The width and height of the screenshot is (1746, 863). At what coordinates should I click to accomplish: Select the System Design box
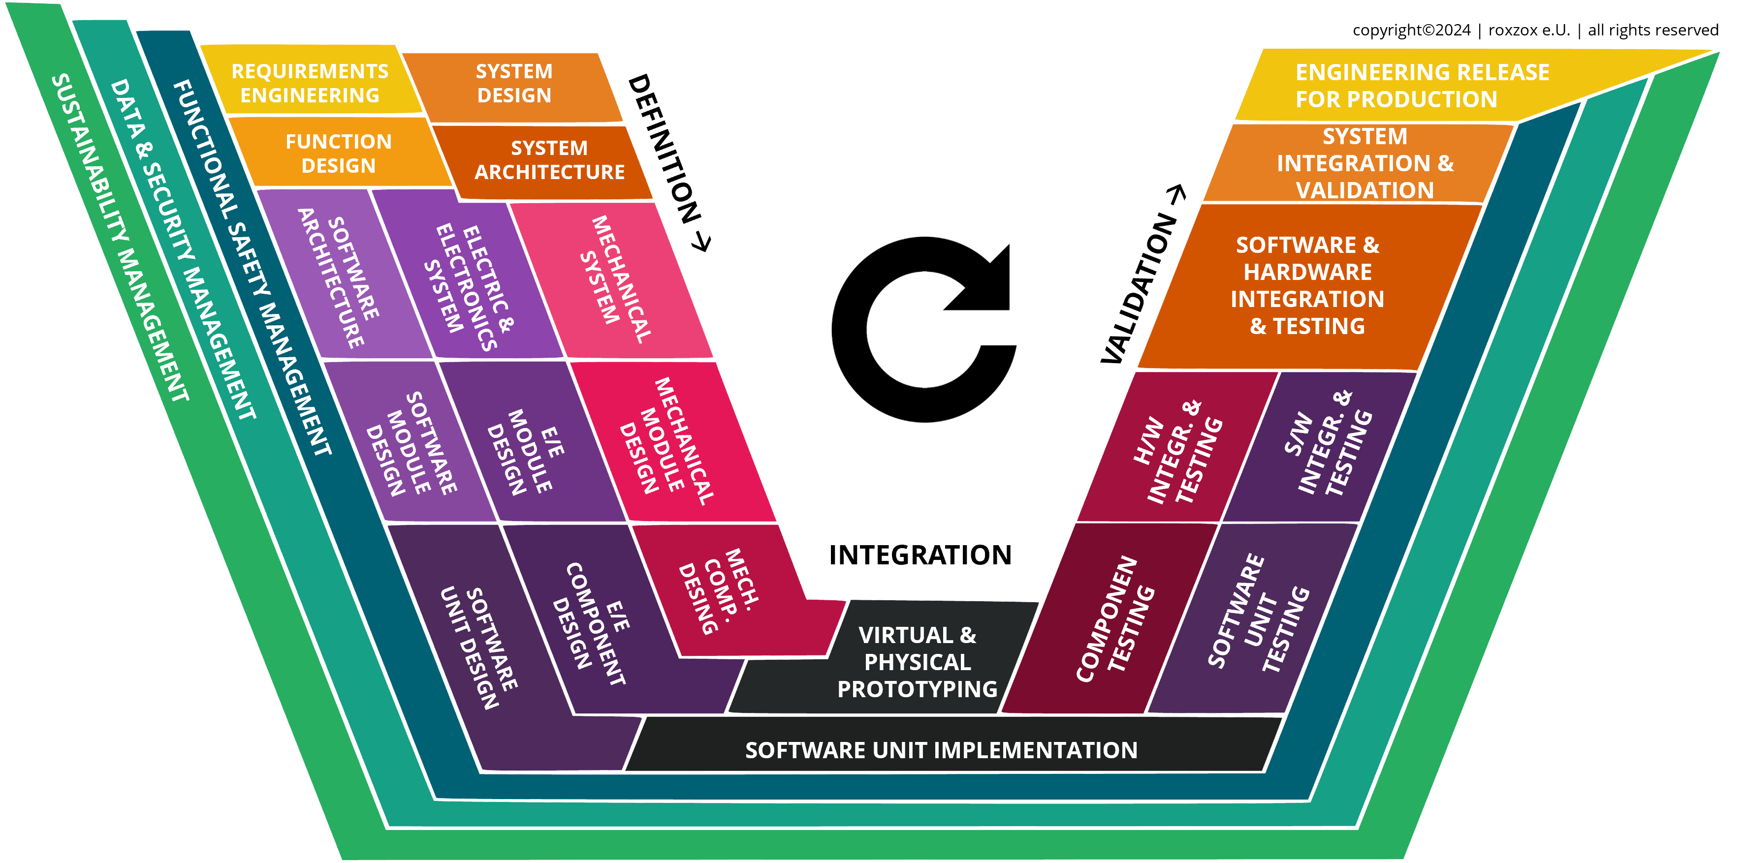[x=514, y=83]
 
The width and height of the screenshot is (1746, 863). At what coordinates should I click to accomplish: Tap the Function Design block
[x=338, y=153]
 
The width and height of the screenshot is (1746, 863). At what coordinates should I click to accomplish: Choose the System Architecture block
[x=549, y=160]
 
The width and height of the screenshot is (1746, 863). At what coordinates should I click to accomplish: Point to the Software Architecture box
[x=339, y=277]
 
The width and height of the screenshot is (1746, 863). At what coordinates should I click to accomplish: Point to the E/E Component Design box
[x=597, y=623]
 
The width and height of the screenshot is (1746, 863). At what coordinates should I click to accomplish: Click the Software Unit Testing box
[x=1257, y=613]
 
